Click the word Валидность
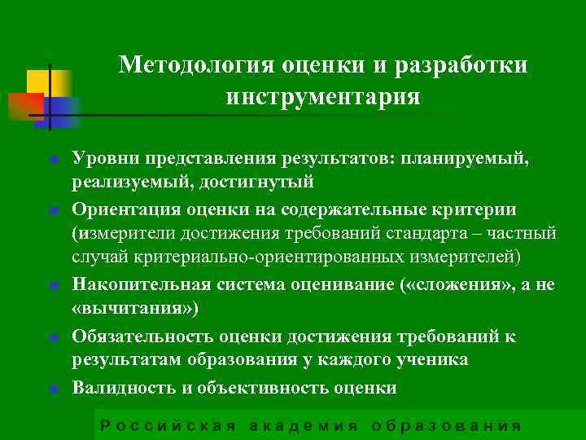coord(122,387)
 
